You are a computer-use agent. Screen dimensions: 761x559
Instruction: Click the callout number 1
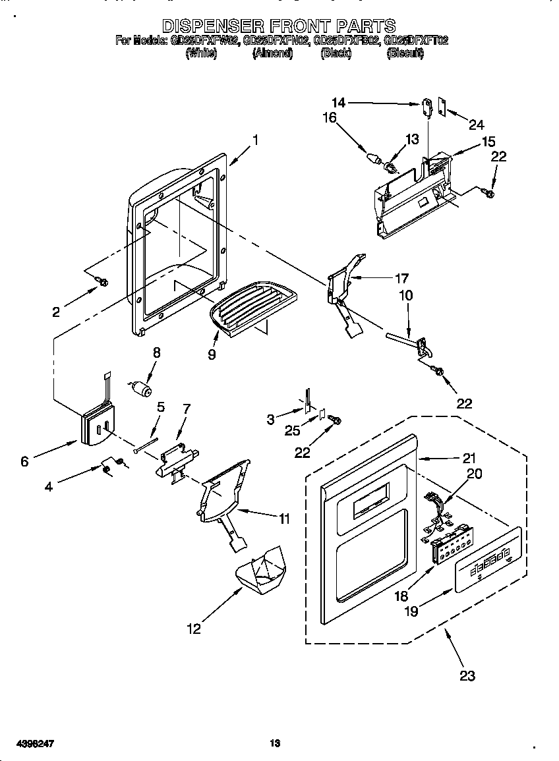tap(255, 140)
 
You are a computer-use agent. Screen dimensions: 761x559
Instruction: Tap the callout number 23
tap(467, 675)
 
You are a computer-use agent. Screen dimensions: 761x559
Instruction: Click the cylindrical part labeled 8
tap(141, 389)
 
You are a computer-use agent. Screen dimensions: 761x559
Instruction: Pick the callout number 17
tap(401, 278)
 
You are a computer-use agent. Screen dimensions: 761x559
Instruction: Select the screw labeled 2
tap(102, 282)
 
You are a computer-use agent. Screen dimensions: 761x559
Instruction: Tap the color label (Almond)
tap(272, 54)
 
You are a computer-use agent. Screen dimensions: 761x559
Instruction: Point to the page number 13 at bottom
tap(275, 743)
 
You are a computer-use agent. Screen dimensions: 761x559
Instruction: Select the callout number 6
tap(24, 461)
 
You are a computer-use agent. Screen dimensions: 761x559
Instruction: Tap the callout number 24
tap(476, 124)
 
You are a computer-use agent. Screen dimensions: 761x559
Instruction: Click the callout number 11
tap(284, 519)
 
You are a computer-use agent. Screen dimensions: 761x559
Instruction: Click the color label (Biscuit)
tap(404, 54)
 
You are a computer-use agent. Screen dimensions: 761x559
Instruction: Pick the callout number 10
tap(406, 296)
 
